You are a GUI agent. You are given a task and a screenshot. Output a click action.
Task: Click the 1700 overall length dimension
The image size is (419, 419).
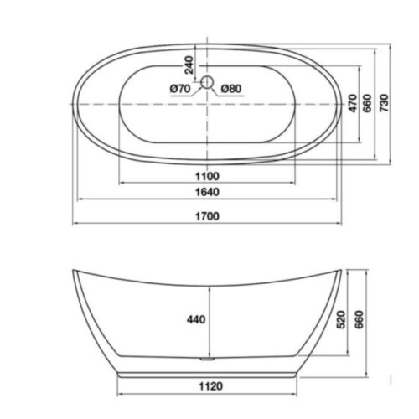click(x=207, y=216)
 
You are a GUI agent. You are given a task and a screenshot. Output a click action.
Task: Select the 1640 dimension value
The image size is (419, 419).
click(x=207, y=192)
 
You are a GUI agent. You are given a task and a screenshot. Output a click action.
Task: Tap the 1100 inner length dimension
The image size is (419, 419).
click(x=207, y=177)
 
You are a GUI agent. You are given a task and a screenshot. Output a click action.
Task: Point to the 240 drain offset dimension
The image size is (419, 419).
click(x=189, y=65)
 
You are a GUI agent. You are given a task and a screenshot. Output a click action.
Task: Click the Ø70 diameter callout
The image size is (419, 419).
click(x=180, y=89)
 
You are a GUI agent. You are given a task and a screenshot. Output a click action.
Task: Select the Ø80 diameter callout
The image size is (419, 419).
click(x=231, y=89)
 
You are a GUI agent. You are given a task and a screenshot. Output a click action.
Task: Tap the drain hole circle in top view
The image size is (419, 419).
click(x=207, y=82)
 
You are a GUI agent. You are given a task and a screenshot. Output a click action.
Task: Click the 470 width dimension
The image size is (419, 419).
click(x=353, y=103)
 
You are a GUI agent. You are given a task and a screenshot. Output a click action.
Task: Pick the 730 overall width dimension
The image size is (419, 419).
click(x=384, y=103)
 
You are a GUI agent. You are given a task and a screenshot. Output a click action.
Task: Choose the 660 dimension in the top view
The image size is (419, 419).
click(x=368, y=103)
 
